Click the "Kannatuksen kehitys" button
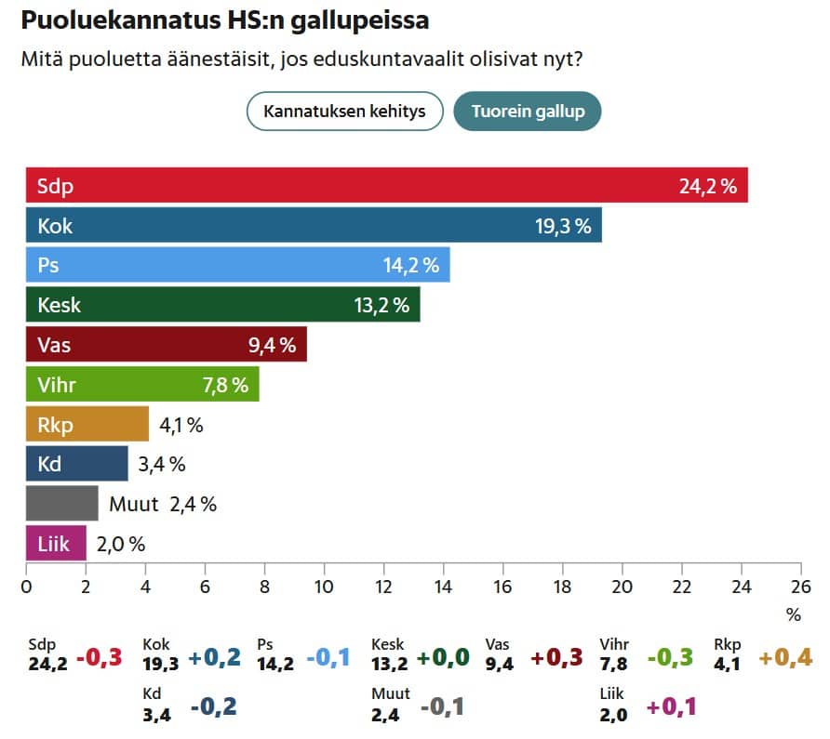click(x=344, y=112)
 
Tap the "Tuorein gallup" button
click(x=528, y=112)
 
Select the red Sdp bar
click(x=386, y=186)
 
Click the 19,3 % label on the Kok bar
click(x=563, y=226)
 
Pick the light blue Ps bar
click(x=237, y=265)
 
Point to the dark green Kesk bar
click(x=222, y=305)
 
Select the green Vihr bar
click(x=142, y=385)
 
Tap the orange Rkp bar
click(x=87, y=425)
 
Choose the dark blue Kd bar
click(x=76, y=463)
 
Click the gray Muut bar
click(x=61, y=503)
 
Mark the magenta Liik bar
click(x=56, y=543)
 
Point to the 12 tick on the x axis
click(x=383, y=587)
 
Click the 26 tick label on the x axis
click(x=800, y=587)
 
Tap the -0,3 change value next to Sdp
click(x=100, y=657)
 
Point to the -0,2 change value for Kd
click(x=213, y=706)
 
